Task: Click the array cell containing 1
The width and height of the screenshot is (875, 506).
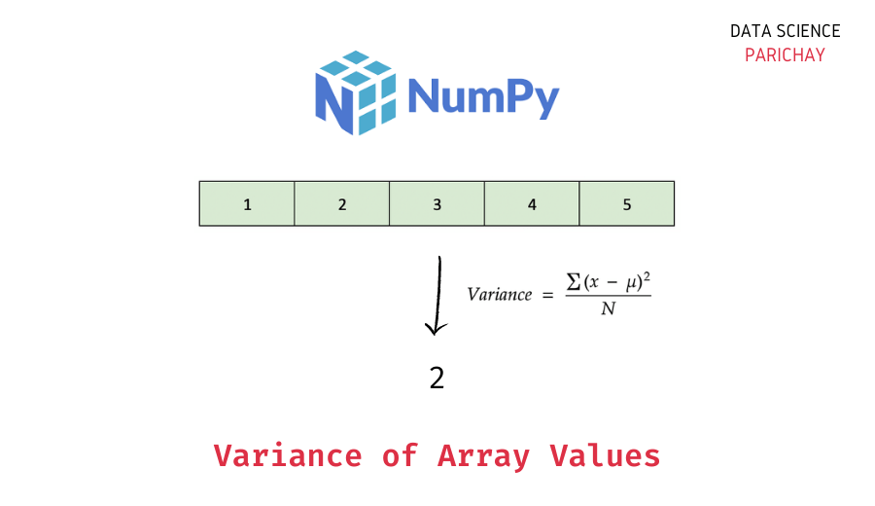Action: [x=247, y=204]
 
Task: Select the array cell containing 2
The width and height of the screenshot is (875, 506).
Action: [x=342, y=204]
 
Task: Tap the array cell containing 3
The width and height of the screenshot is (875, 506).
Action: [x=437, y=204]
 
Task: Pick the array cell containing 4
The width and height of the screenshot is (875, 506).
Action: [x=532, y=204]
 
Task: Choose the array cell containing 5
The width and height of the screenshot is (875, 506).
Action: [x=626, y=204]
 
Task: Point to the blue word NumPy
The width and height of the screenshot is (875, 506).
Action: [x=483, y=97]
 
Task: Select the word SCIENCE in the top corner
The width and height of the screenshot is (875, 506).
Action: [x=809, y=31]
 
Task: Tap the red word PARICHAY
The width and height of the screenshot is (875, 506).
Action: [x=785, y=54]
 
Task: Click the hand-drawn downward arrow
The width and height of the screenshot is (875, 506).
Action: [x=438, y=296]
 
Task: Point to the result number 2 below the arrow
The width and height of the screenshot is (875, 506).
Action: [x=437, y=378]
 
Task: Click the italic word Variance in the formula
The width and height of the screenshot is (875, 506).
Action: [x=500, y=295]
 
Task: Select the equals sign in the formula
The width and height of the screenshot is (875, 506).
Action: [x=547, y=294]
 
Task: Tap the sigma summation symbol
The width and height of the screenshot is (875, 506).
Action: [x=575, y=280]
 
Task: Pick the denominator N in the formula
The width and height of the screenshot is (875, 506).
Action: [x=608, y=310]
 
